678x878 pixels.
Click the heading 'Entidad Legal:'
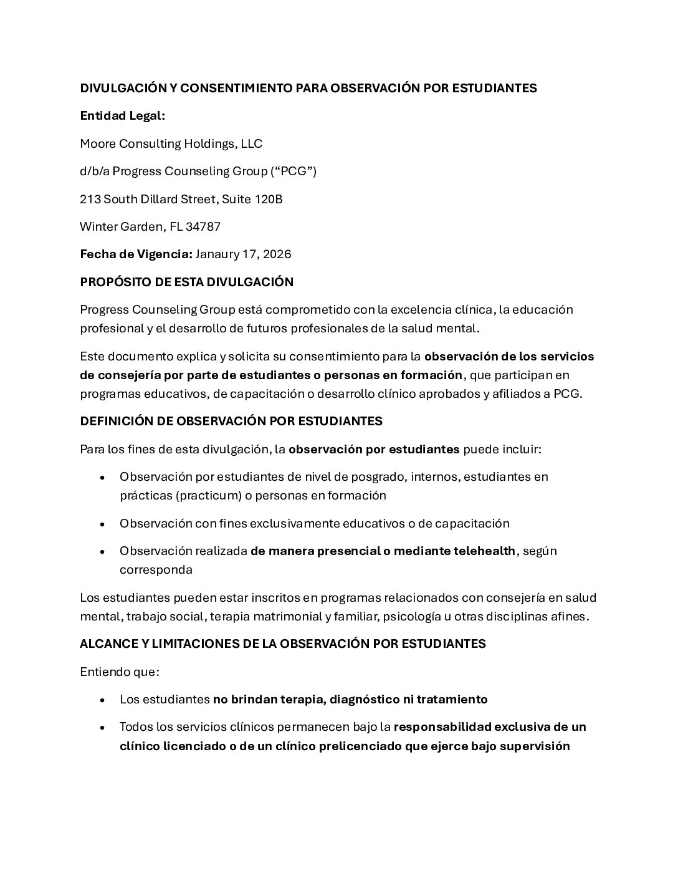122,116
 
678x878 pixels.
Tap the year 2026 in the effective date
277,254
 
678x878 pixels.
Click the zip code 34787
203,227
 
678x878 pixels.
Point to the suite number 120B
269,200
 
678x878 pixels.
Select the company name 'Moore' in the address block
97,144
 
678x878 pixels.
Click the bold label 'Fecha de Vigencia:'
136,254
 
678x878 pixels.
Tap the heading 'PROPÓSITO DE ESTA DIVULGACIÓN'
186,282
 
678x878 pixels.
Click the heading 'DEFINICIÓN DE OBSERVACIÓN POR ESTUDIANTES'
231,421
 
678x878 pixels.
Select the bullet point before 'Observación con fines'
102,524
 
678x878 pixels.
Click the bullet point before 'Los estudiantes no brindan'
102,700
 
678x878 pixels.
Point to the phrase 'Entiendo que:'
120,672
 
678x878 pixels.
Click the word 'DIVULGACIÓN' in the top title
123,89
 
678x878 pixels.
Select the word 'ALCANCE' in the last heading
105,644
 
